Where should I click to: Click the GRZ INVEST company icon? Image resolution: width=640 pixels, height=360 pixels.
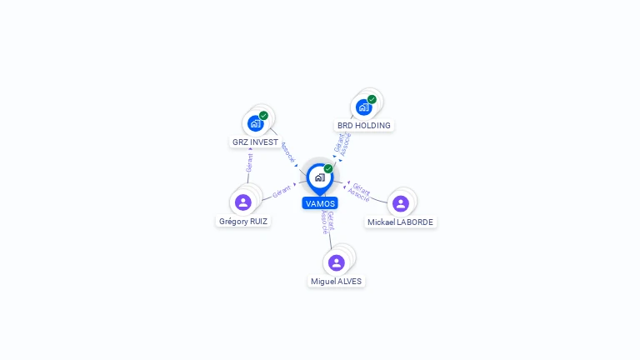click(x=256, y=123)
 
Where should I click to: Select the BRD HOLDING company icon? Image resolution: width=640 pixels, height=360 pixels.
click(x=363, y=107)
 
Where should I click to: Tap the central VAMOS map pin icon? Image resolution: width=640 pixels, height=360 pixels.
click(x=320, y=179)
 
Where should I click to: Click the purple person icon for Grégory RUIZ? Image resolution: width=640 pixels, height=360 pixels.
click(x=242, y=202)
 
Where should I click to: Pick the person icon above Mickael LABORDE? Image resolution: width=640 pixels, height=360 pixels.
click(x=400, y=203)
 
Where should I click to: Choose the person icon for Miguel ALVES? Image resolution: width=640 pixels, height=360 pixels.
click(x=337, y=262)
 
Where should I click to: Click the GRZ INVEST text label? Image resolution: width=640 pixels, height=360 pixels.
click(x=255, y=142)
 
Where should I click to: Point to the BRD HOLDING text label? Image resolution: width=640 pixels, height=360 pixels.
click(x=363, y=125)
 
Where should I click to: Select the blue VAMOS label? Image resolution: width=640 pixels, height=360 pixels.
click(x=320, y=203)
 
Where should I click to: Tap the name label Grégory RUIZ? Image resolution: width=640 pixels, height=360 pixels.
click(x=242, y=221)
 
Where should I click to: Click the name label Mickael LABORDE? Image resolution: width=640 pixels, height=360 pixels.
click(x=400, y=222)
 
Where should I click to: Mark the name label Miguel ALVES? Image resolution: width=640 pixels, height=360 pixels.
click(x=336, y=281)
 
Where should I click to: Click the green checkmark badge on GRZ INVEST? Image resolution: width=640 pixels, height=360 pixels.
click(x=263, y=116)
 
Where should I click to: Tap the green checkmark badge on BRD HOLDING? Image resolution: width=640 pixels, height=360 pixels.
click(x=372, y=99)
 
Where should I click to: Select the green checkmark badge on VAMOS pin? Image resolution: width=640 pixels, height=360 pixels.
click(x=328, y=168)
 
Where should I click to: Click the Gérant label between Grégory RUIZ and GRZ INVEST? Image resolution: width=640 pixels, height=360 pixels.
click(x=249, y=162)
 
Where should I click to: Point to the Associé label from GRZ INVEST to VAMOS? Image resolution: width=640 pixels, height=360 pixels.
click(x=287, y=152)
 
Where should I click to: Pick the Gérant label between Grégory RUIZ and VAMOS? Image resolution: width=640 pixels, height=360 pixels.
click(x=281, y=192)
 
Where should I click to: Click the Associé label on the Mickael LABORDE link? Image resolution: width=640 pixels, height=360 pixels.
click(x=358, y=195)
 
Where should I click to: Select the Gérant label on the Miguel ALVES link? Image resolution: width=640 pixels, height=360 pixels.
click(x=331, y=221)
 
